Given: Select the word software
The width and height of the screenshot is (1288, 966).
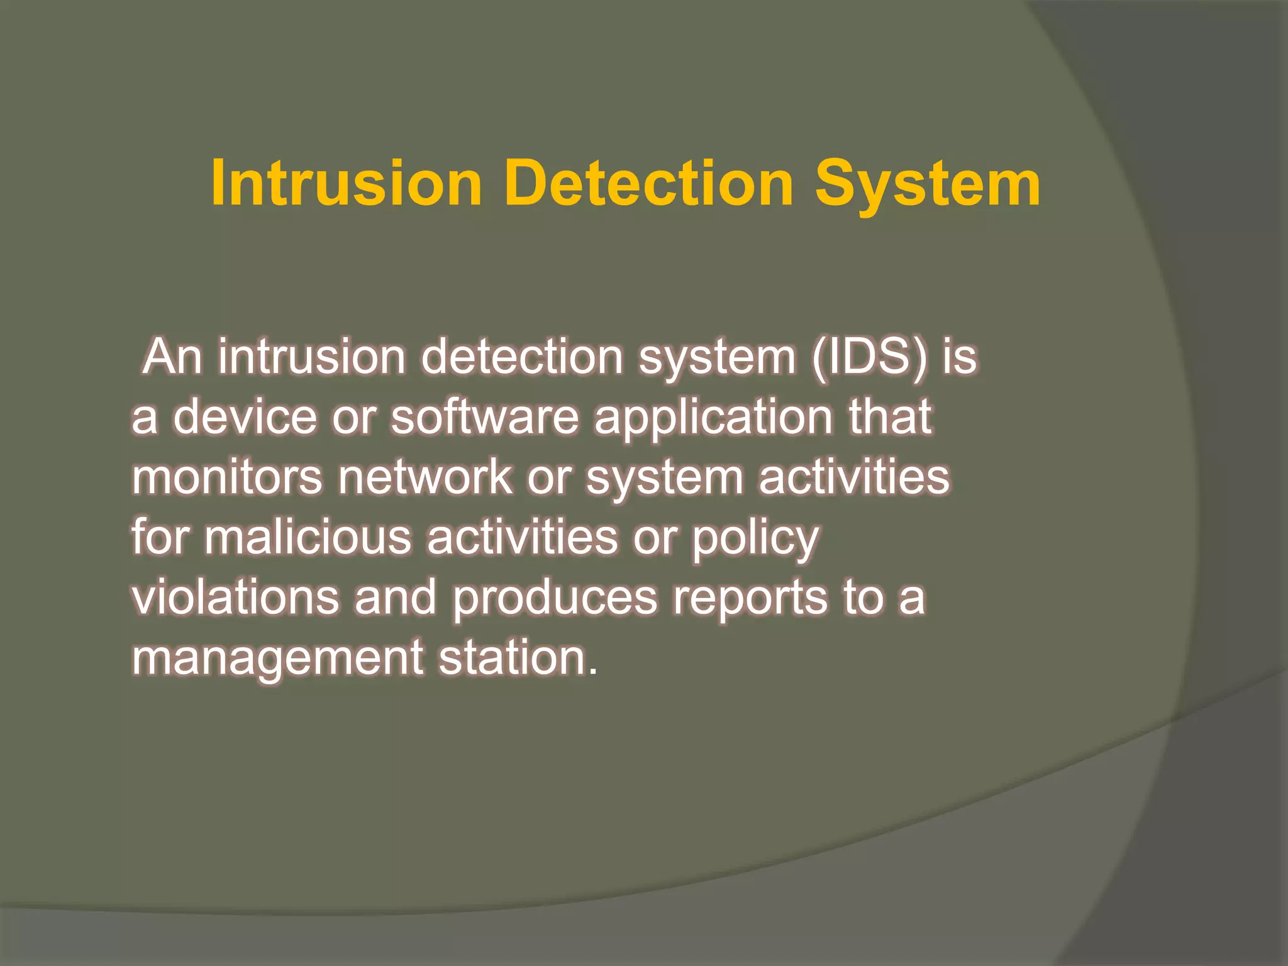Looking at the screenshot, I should (x=485, y=417).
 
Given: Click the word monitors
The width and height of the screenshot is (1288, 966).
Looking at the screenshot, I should (x=227, y=477).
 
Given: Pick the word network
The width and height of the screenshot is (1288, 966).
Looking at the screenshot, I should (x=425, y=477).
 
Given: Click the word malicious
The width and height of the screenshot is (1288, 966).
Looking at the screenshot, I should (x=308, y=538).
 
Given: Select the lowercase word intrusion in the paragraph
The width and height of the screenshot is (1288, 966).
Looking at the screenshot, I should (x=312, y=357).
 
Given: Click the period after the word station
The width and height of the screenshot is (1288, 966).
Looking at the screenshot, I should (x=592, y=672).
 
